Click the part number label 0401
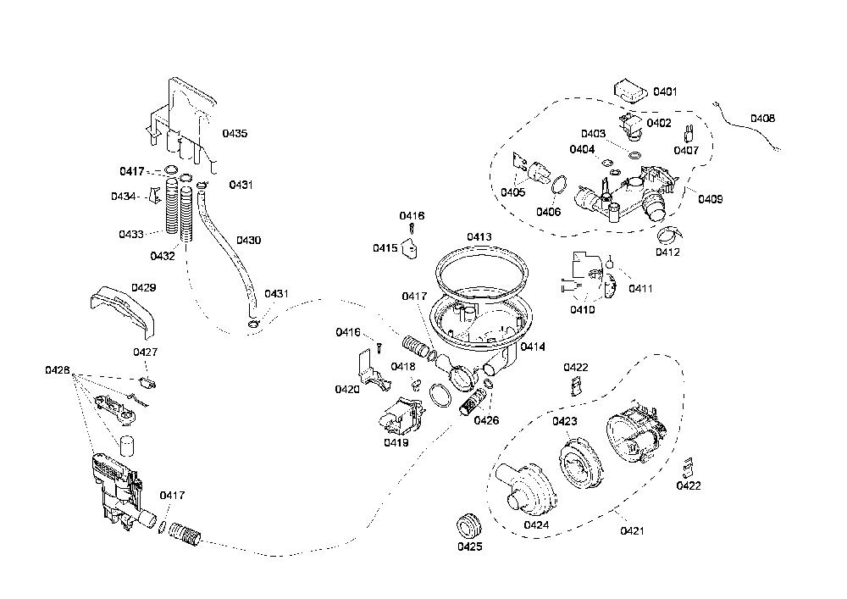pyautogui.click(x=664, y=92)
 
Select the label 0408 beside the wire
pyautogui.click(x=762, y=119)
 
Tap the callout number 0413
pyautogui.click(x=479, y=237)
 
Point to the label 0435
pyautogui.click(x=235, y=133)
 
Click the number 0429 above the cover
pyautogui.click(x=144, y=288)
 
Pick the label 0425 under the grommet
pyautogui.click(x=469, y=546)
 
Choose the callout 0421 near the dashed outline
pyautogui.click(x=632, y=531)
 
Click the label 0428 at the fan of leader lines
pyautogui.click(x=58, y=370)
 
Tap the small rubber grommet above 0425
pyautogui.click(x=469, y=526)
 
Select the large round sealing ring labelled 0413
pyautogui.click(x=480, y=272)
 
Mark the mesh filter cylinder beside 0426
pyautogui.click(x=468, y=402)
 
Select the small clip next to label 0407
pyautogui.click(x=689, y=133)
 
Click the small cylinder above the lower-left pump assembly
pyautogui.click(x=126, y=446)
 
